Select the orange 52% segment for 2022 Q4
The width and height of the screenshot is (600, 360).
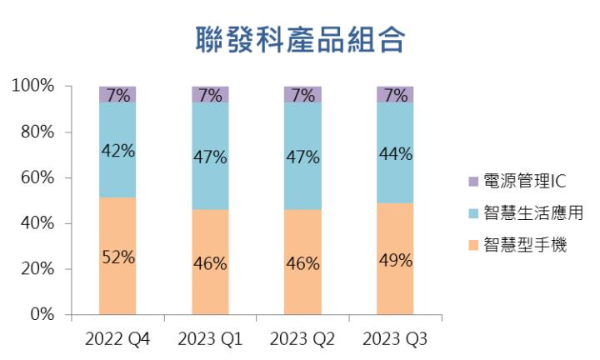coord(117,257)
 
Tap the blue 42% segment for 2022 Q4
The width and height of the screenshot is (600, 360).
coord(117,150)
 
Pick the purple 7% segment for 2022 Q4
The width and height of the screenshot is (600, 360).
coord(117,94)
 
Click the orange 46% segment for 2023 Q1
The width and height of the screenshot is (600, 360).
coord(210,262)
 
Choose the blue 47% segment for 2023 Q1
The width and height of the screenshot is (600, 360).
coord(210,156)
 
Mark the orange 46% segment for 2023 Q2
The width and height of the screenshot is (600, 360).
coord(302,262)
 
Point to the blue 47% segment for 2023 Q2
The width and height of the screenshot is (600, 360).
coord(302,156)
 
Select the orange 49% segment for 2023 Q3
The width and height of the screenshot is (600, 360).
coord(395,259)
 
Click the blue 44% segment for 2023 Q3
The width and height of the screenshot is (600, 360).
coord(395,152)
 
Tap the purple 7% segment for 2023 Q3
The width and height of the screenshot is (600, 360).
coord(395,94)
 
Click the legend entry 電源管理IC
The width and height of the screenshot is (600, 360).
coord(512,181)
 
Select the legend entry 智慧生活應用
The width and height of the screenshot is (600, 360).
coord(518,213)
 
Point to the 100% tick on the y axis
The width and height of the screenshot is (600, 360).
coord(33,86)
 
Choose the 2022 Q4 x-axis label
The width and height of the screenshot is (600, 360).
coord(117,340)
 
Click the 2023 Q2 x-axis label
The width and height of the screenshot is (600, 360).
coord(302,340)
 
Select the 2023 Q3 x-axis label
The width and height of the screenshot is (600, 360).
coord(395,340)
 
